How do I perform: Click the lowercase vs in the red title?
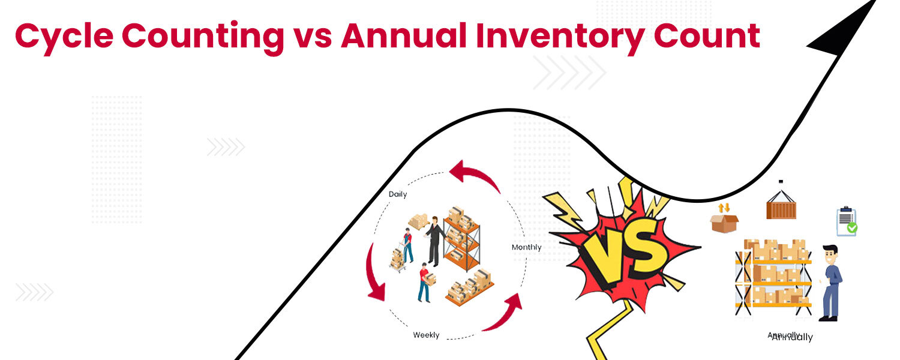(314, 37)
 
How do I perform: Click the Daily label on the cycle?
(397, 194)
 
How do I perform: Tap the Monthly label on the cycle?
(526, 247)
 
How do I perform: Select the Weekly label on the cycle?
(426, 335)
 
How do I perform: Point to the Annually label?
(791, 337)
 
